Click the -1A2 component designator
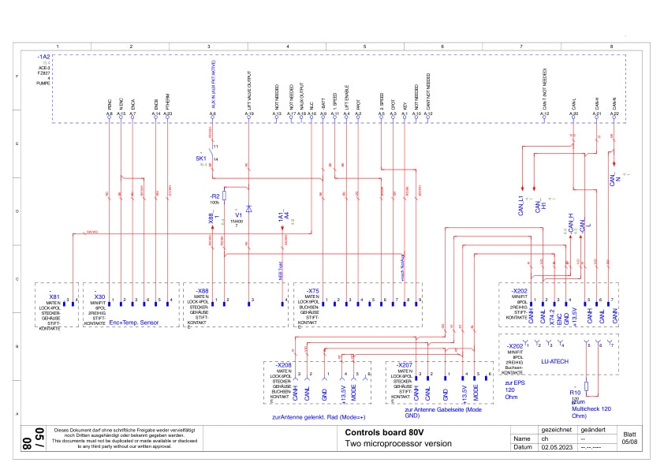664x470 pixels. pyautogui.click(x=43, y=58)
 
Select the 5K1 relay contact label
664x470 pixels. pyautogui.click(x=201, y=158)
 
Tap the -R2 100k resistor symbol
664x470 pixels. pyautogui.click(x=224, y=195)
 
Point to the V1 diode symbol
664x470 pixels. pyautogui.click(x=248, y=209)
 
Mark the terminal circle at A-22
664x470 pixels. pyautogui.click(x=614, y=120)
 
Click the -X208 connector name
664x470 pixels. pyautogui.click(x=283, y=364)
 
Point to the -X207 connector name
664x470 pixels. pyautogui.click(x=404, y=364)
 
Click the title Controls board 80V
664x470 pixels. pyautogui.click(x=379, y=432)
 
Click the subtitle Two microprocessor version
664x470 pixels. pyautogui.click(x=398, y=444)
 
